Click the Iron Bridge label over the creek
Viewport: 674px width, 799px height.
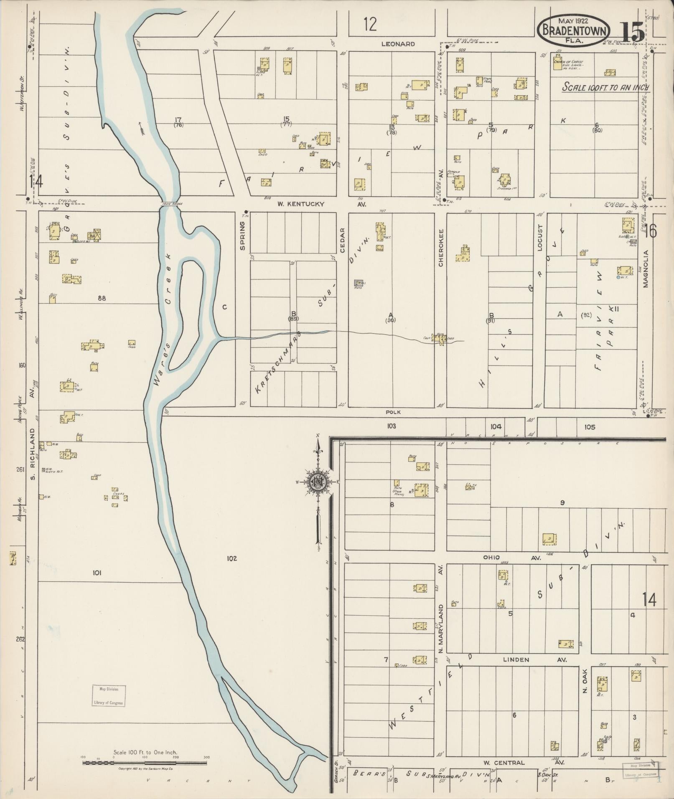point(170,203)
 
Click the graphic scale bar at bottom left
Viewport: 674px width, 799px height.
point(144,763)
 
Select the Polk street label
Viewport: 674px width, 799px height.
point(393,412)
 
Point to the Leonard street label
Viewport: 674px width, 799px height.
point(398,44)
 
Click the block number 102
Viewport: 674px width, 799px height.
point(232,558)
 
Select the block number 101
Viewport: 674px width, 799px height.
point(97,573)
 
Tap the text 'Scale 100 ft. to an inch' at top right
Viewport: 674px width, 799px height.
point(606,87)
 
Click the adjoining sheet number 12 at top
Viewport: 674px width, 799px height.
point(370,25)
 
